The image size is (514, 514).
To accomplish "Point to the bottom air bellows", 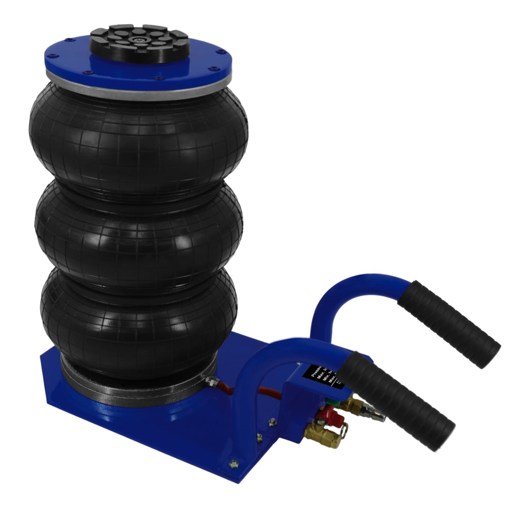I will tap(139, 313).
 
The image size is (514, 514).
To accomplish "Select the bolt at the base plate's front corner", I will tap(233, 463).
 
